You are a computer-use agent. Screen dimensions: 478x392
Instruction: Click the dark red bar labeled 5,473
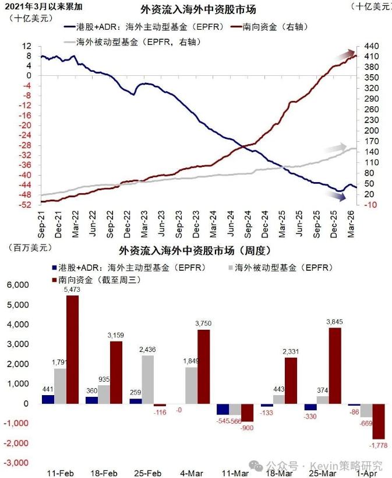click(x=73, y=349)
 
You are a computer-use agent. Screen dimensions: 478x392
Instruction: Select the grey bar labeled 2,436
click(x=147, y=379)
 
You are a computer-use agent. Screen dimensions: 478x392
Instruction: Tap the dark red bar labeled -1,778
click(x=379, y=421)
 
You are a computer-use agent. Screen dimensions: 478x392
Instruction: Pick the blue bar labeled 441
click(x=47, y=399)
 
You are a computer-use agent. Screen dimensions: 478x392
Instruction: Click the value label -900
click(x=247, y=428)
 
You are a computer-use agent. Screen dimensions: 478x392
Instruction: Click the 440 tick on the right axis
click(x=372, y=46)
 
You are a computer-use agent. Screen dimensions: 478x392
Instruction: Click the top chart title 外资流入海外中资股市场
click(x=199, y=9)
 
